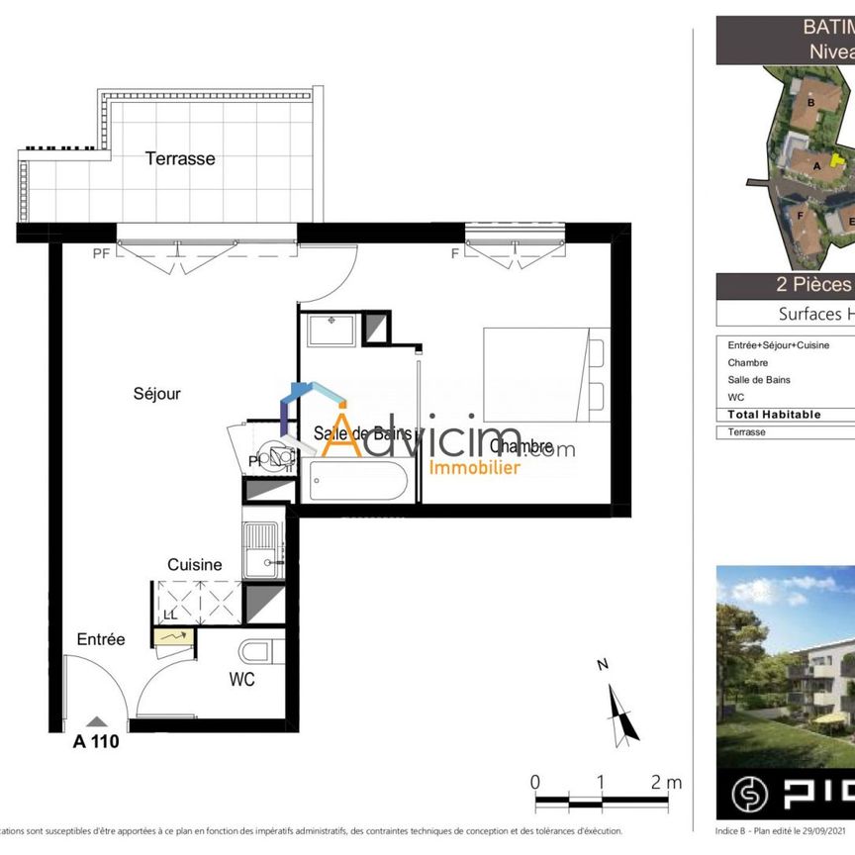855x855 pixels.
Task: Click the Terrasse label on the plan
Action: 180,158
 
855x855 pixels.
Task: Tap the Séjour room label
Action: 157,394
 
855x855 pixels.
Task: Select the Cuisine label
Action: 194,565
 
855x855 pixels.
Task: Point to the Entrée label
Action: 101,640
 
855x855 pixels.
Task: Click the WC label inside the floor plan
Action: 241,680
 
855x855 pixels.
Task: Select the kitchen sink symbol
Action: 263,549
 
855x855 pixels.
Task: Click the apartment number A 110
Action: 96,741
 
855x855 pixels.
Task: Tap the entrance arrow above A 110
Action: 96,723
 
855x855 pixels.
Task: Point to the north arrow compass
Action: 619,708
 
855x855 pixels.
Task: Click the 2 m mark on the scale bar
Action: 665,782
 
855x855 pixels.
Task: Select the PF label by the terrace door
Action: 101,254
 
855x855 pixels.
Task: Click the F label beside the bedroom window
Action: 454,254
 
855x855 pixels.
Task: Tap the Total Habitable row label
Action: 774,415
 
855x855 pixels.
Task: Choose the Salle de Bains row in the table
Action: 759,380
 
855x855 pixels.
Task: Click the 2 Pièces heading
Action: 813,286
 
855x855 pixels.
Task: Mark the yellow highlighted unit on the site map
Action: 837,160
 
